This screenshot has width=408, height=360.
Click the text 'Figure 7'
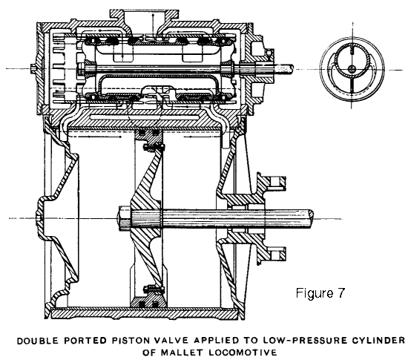[x=320, y=293]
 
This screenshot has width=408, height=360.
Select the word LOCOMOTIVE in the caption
[x=243, y=353]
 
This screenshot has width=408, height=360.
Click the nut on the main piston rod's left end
[x=125, y=217]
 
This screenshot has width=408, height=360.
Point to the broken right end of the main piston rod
[x=311, y=217]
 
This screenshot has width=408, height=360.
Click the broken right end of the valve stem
[x=291, y=68]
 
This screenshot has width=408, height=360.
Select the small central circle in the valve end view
[x=352, y=69]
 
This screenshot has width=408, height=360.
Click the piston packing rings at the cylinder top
[x=148, y=133]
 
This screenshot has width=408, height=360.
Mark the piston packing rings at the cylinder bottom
[x=148, y=304]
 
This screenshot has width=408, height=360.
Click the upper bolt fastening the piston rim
[x=154, y=148]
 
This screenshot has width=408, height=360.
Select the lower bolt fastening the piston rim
[x=154, y=289]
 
